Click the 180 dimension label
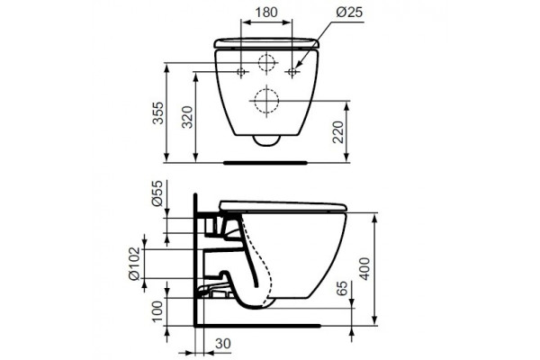click(266, 12)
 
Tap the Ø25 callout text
click(349, 12)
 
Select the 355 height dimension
click(158, 112)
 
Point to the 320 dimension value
click(187, 117)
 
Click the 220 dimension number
click(338, 132)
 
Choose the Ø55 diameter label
click(157, 193)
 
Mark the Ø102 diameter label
click(134, 264)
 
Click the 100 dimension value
click(157, 311)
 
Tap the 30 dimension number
click(223, 344)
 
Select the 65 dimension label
click(342, 288)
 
